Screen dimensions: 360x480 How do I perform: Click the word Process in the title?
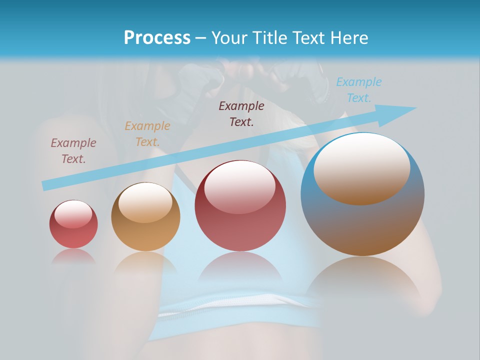tap(157, 38)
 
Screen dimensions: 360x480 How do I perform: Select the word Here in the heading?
tap(349, 38)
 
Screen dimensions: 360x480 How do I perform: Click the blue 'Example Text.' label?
tap(359, 90)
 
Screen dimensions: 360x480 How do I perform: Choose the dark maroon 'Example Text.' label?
tap(241, 113)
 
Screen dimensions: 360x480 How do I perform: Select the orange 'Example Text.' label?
tap(147, 134)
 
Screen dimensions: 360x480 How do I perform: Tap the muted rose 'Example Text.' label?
tap(73, 150)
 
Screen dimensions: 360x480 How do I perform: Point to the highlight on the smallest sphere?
tap(73, 214)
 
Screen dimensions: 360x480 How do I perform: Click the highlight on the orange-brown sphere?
tap(145, 202)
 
